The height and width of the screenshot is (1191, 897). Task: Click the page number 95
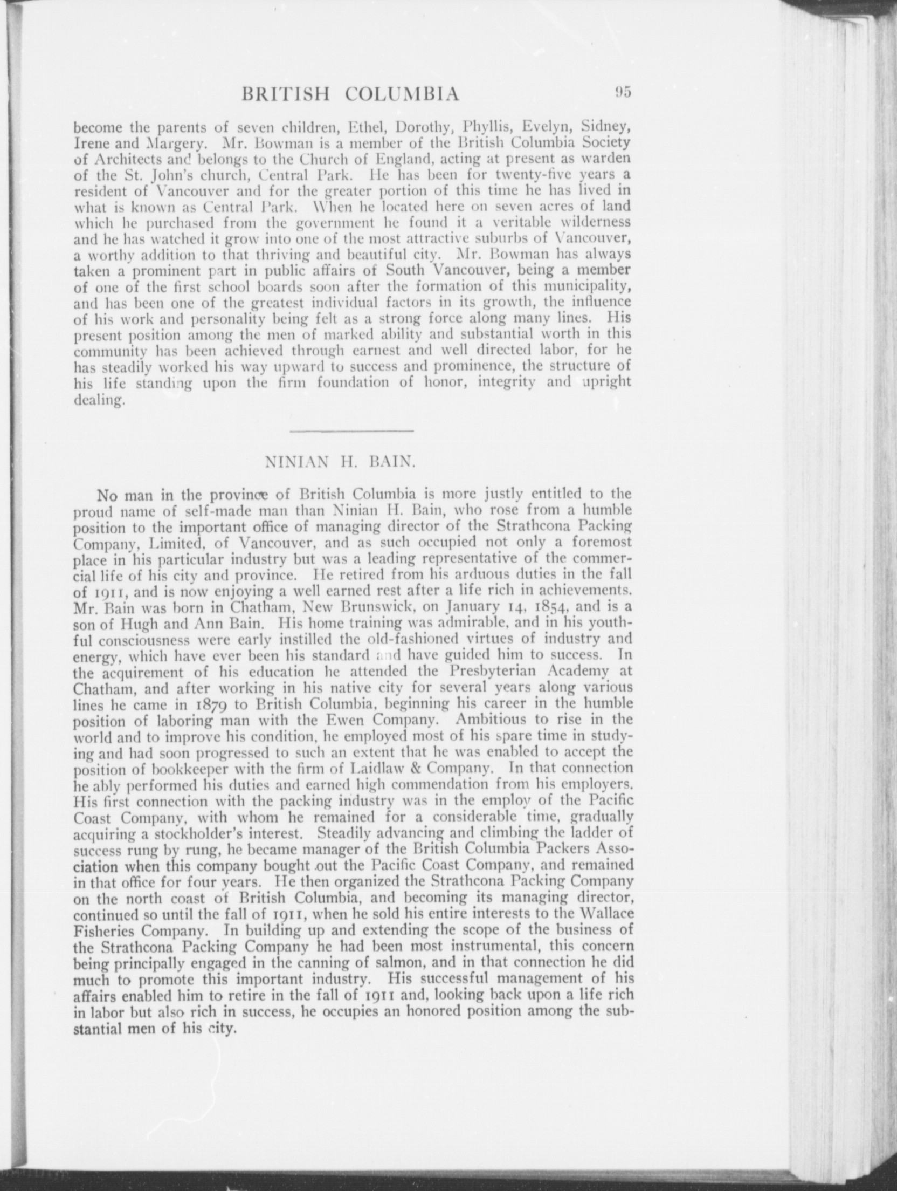[620, 92]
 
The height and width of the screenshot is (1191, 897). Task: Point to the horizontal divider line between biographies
[351, 430]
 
